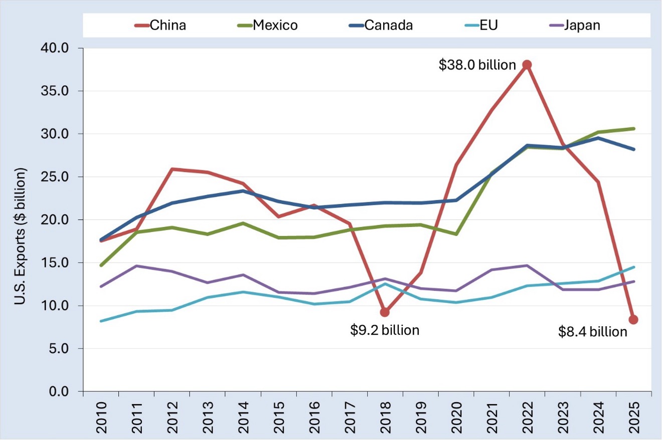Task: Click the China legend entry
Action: coord(160,25)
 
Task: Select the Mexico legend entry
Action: coord(267,25)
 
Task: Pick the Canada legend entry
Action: coord(381,25)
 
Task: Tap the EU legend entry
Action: coord(481,25)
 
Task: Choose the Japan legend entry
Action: coord(575,25)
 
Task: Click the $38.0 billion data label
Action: coord(477,65)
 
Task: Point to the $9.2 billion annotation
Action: coord(385,330)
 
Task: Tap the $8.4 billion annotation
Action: coord(593,332)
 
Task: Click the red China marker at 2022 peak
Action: coord(527,65)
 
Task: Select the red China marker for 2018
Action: coord(385,312)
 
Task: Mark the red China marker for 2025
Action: coord(633,320)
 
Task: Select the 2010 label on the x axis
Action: coord(101,417)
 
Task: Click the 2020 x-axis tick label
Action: coord(456,417)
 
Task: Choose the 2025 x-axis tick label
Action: coord(634,417)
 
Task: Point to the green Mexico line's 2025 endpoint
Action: coord(633,128)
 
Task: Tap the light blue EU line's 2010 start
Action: coord(101,321)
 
